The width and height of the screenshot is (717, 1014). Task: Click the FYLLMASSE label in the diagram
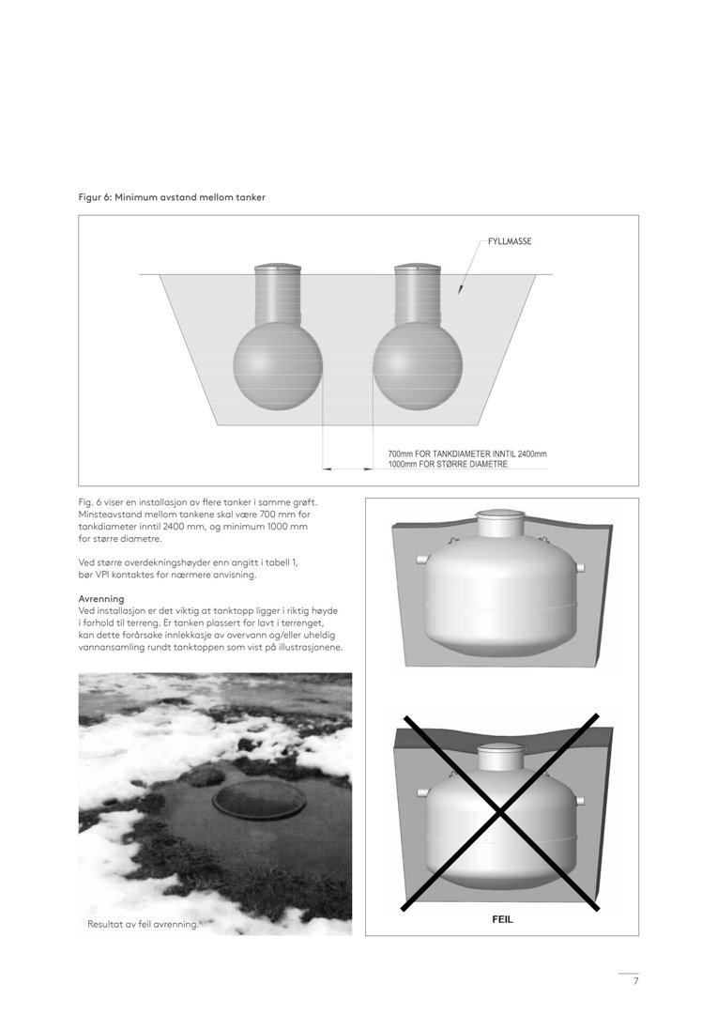coord(510,241)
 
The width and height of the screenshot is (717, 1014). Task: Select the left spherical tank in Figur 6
coord(278,366)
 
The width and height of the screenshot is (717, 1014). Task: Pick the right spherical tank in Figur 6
coord(418,366)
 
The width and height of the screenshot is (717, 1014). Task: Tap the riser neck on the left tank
coord(278,292)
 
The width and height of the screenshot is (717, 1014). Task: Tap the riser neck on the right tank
coord(418,292)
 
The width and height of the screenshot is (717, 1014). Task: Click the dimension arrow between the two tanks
coord(347,467)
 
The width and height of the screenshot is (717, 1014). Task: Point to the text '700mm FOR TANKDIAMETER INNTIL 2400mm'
coord(466,454)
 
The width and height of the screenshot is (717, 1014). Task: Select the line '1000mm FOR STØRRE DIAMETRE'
coord(448,465)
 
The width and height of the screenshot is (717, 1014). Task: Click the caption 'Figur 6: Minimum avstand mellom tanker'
coord(172,197)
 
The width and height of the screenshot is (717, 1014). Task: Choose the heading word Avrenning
coord(101,598)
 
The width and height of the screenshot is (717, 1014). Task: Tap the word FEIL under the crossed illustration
coord(502,920)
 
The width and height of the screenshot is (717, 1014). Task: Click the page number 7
coord(635,981)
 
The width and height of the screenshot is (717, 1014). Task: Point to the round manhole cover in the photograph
coord(259,800)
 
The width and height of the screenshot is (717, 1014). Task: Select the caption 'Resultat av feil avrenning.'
coord(143,925)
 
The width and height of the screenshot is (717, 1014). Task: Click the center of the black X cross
coord(501,812)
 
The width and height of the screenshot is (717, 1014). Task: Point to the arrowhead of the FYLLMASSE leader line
coord(460,291)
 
